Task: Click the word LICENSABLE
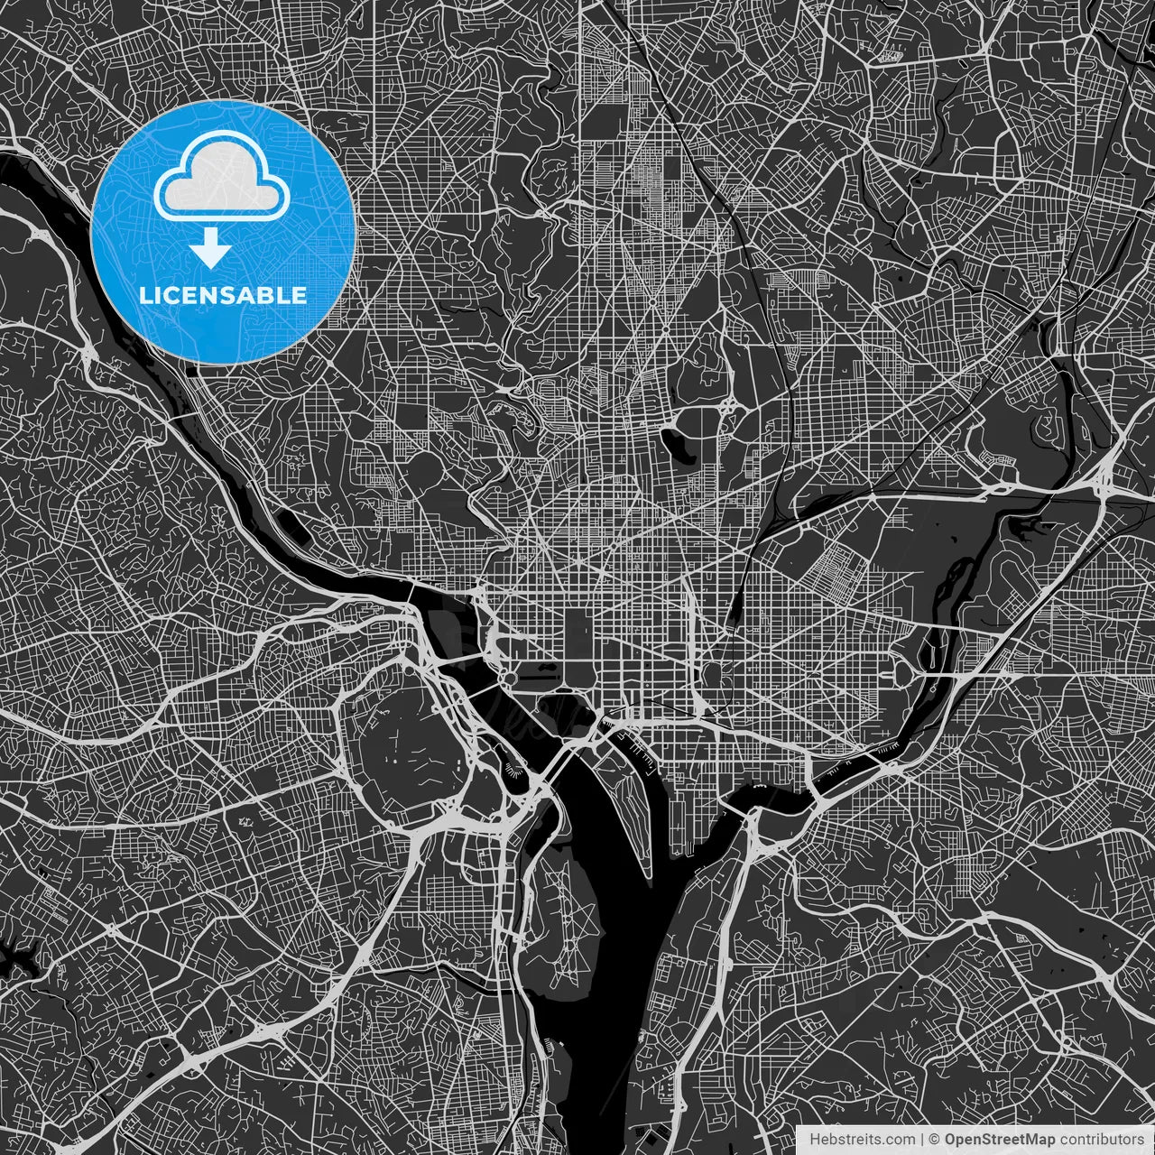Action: coord(222,295)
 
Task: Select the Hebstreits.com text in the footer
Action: coord(849,1140)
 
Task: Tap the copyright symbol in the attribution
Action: coord(935,1140)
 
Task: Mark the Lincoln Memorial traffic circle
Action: coord(510,677)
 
